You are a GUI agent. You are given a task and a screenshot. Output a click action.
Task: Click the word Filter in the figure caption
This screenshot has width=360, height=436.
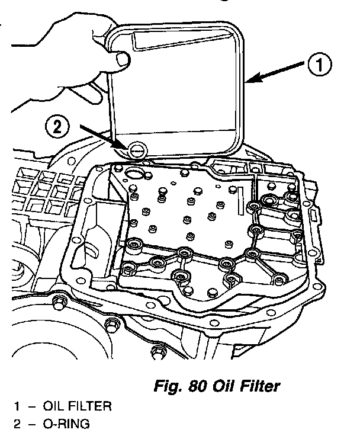point(255,387)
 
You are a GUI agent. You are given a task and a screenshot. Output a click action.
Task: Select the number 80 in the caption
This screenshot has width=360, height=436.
point(198,387)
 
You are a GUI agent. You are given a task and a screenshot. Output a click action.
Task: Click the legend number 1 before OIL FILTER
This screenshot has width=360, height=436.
point(18,408)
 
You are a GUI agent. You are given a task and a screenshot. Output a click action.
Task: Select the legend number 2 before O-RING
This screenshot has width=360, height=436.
point(18,424)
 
